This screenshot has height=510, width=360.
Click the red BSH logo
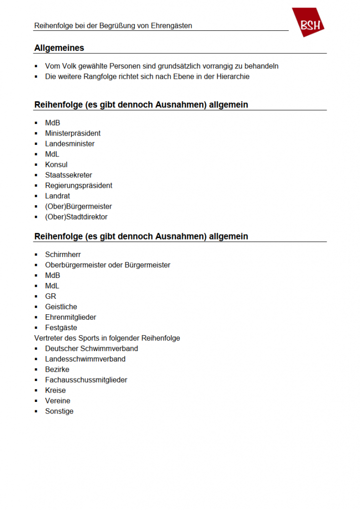[x=309, y=23]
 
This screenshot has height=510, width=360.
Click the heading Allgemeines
[x=59, y=48]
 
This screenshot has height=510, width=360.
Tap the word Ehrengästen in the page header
[x=170, y=25]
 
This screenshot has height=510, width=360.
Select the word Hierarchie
[x=233, y=77]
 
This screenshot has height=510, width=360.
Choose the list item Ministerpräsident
[x=73, y=133]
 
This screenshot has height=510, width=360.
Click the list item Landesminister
[x=70, y=144]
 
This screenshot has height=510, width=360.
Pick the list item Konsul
[x=56, y=165]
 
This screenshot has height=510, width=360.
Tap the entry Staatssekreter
[x=69, y=175]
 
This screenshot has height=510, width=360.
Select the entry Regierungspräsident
[x=79, y=186]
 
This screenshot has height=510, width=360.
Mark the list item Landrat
[x=57, y=196]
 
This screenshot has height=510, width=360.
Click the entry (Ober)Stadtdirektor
[x=76, y=217]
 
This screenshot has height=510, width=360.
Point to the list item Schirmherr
[x=63, y=255]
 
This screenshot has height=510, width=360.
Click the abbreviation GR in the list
[x=51, y=296]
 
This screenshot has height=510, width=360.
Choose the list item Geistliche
[x=61, y=307]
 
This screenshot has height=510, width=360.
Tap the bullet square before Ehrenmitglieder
[x=36, y=317]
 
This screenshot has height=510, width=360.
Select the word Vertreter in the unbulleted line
[x=49, y=338]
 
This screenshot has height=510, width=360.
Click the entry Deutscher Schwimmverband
[x=92, y=349]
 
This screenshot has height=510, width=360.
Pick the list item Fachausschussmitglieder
[x=86, y=380]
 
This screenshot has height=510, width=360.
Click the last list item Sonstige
[x=59, y=411]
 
